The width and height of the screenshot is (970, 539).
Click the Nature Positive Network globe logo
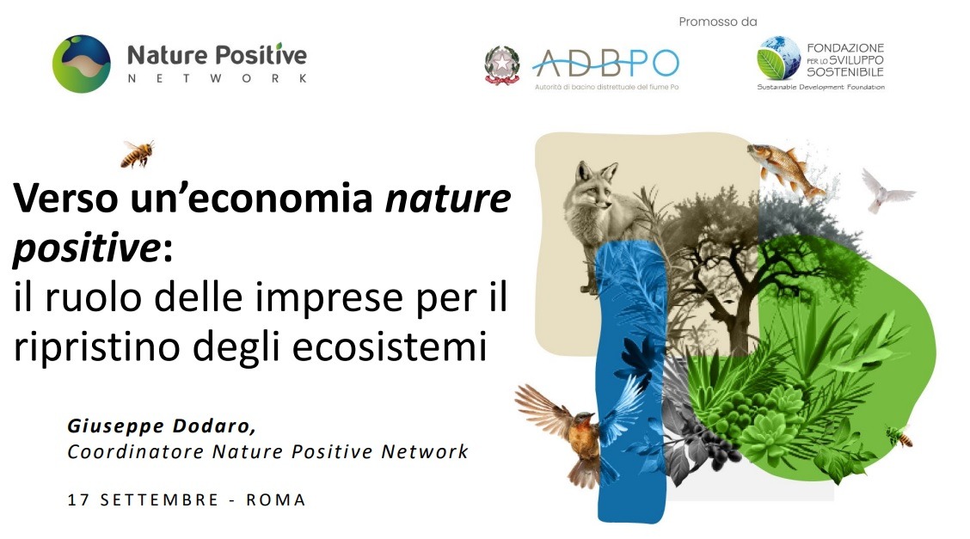[x=81, y=64]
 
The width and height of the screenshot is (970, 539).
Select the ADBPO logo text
[x=605, y=62]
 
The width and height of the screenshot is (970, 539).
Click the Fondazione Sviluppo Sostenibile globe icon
[x=778, y=58]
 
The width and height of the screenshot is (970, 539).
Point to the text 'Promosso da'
[x=718, y=21]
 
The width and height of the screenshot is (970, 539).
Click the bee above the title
[x=138, y=154]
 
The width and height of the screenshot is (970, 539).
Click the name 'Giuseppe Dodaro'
[x=162, y=426]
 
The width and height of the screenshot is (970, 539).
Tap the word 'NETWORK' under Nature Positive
[x=217, y=78]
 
